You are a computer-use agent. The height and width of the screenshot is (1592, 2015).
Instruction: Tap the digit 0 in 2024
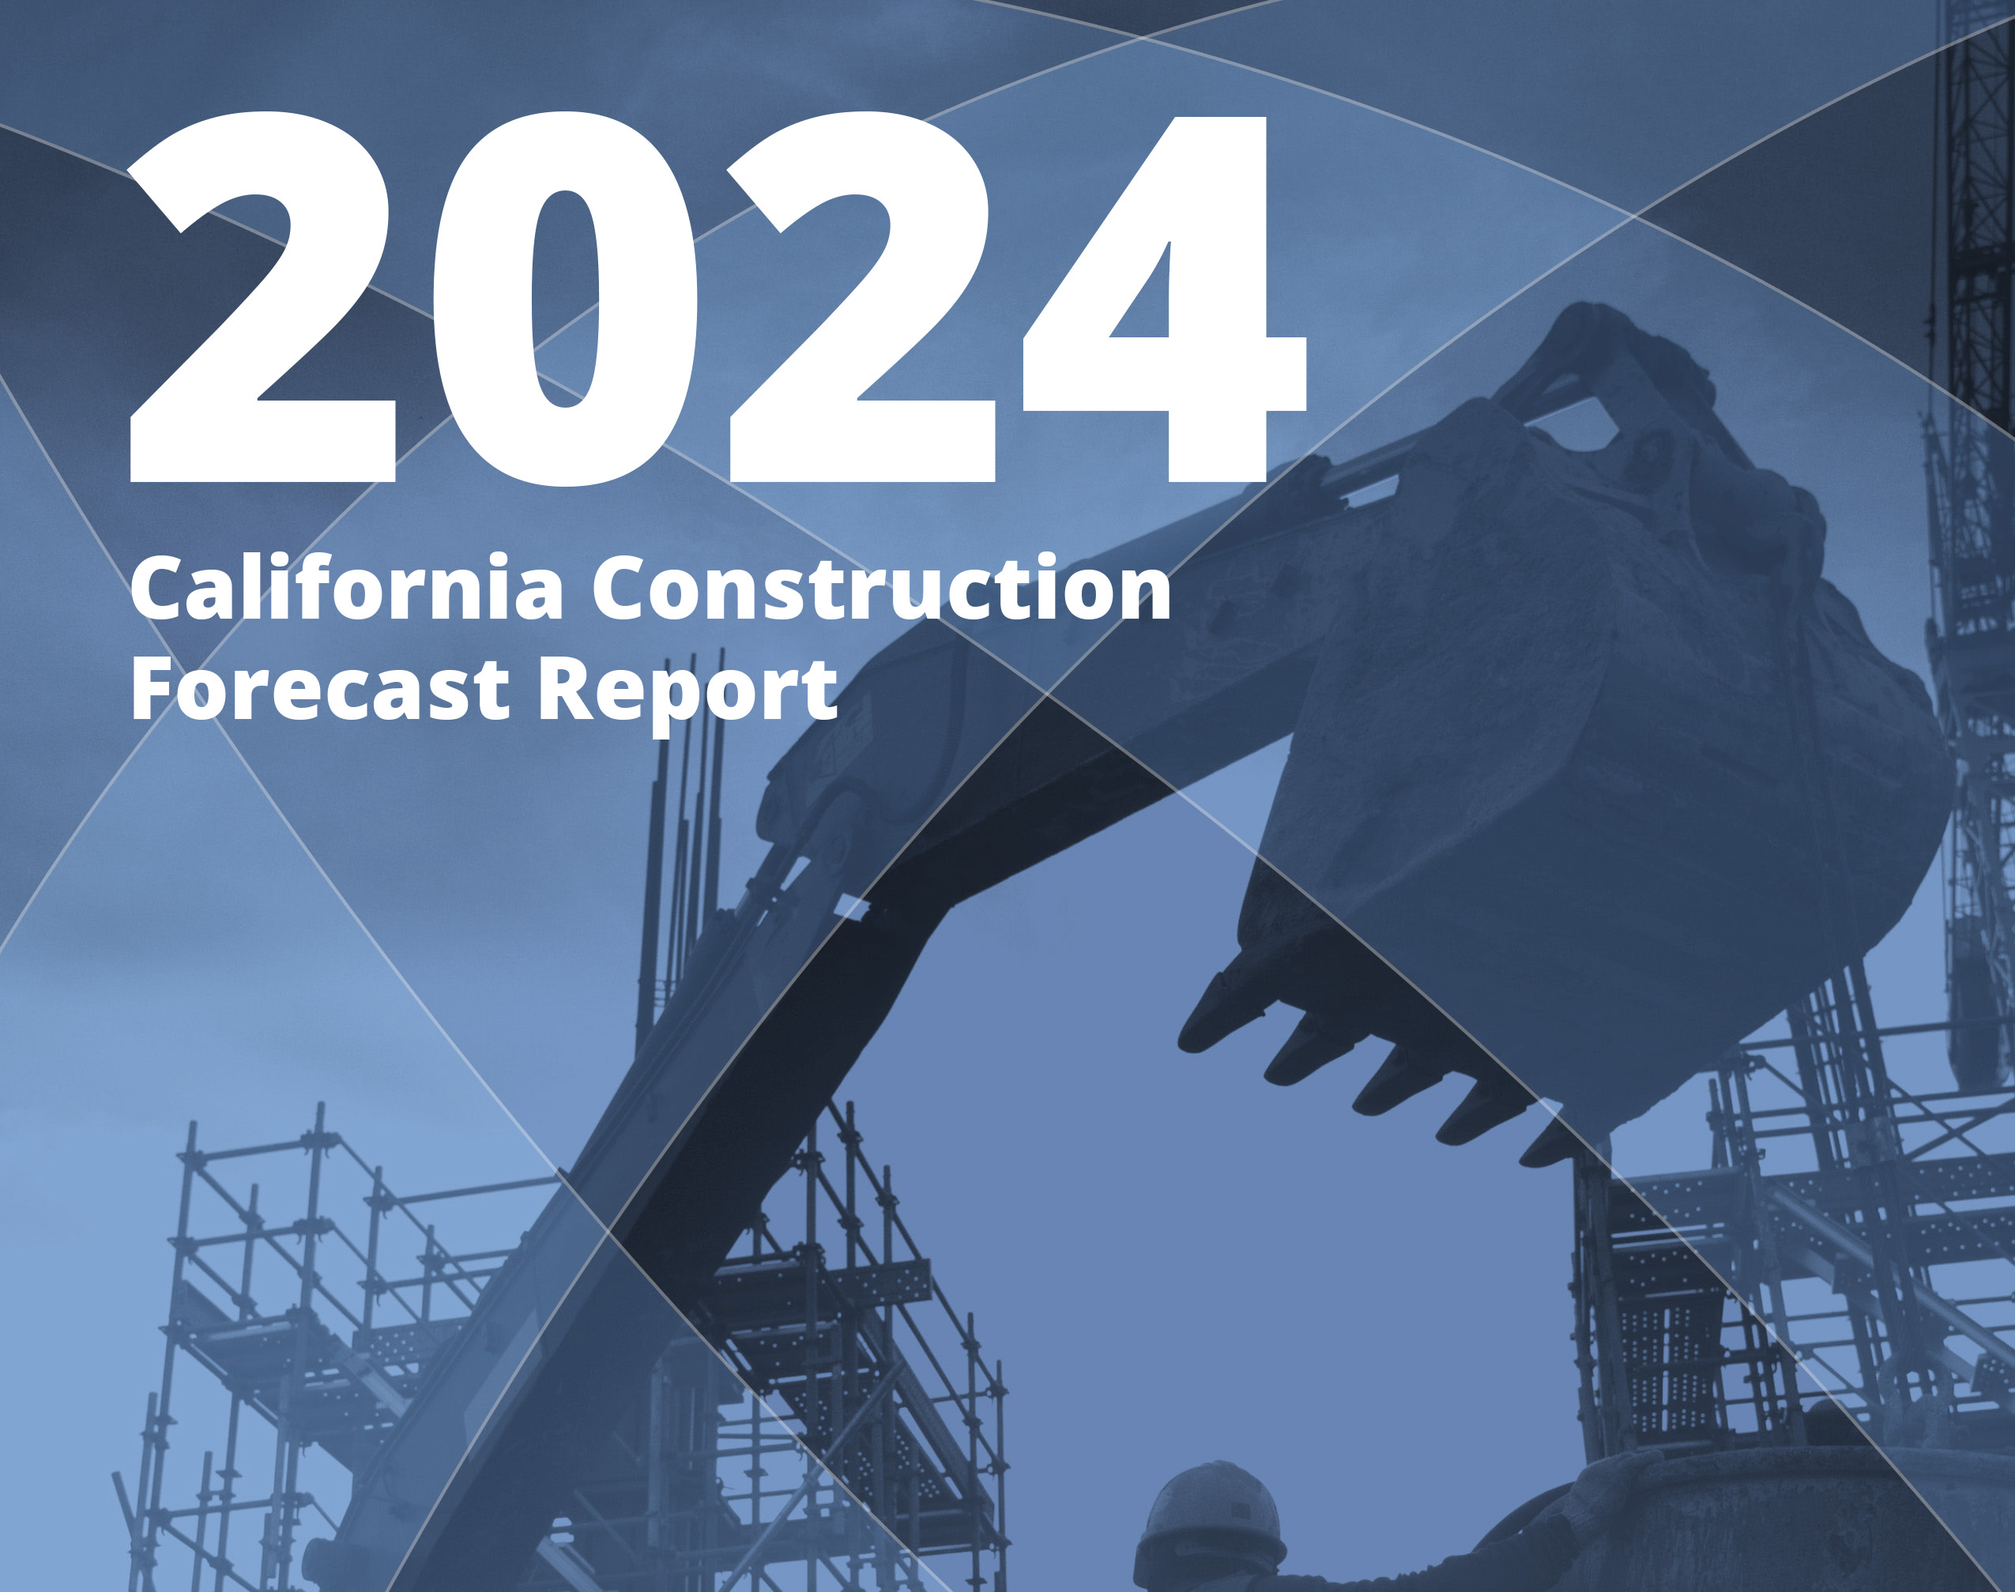566,299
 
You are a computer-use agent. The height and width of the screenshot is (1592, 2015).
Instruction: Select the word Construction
881,589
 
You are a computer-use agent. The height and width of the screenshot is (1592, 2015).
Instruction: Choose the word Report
687,691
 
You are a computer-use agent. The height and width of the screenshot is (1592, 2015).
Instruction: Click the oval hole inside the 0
566,299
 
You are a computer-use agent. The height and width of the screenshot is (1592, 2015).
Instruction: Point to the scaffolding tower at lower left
280,1352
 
